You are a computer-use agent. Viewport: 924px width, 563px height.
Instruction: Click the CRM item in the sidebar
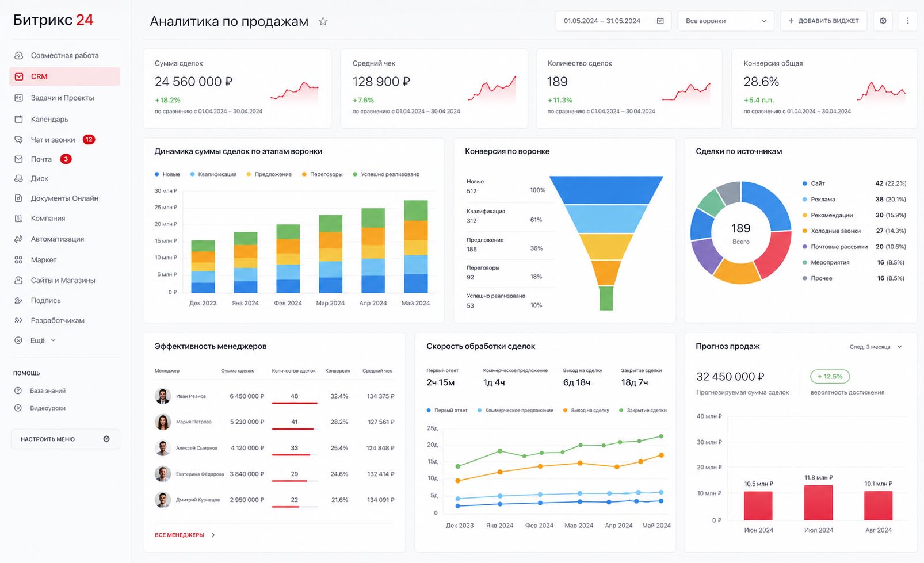[65, 76]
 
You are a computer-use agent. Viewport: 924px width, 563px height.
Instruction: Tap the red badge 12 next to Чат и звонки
[89, 139]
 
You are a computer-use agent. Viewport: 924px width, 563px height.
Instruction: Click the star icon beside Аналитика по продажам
[323, 21]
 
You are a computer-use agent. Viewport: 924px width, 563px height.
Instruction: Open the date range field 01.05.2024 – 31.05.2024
[613, 21]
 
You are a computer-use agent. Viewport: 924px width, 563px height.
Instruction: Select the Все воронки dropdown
[726, 21]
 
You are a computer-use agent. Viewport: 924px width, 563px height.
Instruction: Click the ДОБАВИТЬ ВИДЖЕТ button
[823, 21]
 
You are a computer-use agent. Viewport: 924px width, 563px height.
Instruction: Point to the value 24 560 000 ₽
[193, 82]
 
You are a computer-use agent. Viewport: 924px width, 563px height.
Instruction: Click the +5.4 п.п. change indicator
[758, 100]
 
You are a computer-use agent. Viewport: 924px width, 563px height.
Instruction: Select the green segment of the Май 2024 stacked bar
[416, 210]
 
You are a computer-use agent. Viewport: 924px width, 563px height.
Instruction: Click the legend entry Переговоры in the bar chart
[322, 174]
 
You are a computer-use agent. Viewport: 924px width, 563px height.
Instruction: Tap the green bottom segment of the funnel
[606, 298]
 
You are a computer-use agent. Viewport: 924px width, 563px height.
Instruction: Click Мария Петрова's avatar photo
[163, 422]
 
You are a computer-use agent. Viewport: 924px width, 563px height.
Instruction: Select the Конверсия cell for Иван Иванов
[339, 396]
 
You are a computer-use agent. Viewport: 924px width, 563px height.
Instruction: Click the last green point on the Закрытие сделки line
[661, 436]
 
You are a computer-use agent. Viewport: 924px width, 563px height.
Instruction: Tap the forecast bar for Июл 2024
[818, 503]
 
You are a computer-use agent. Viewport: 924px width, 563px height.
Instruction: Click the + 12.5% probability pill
[830, 377]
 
